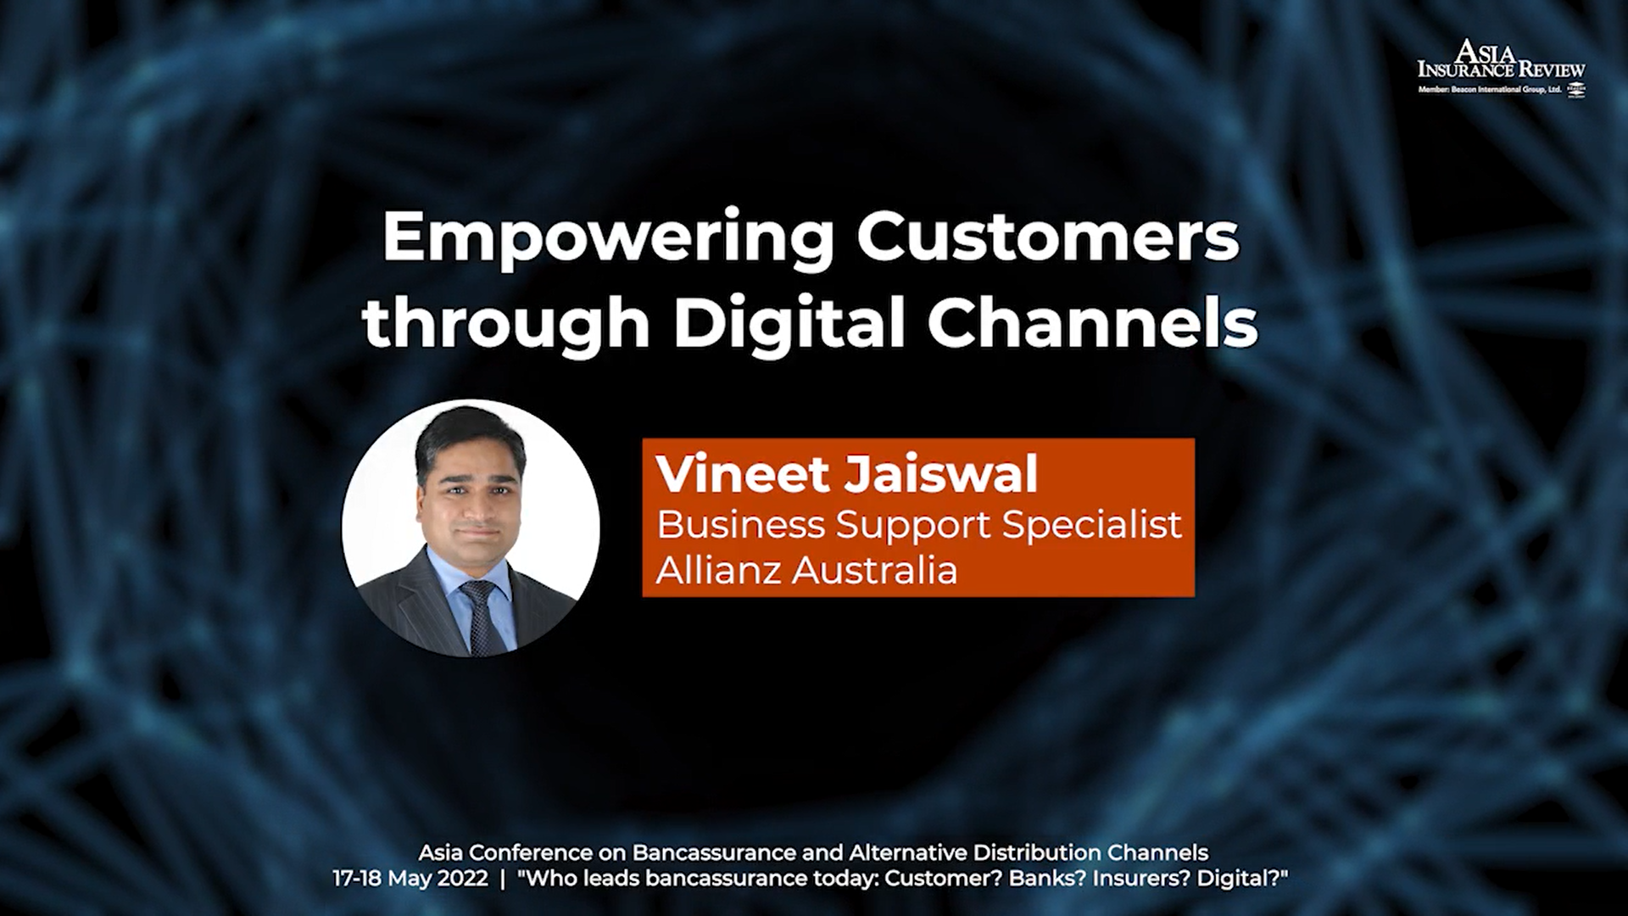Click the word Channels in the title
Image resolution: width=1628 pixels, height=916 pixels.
click(x=1093, y=321)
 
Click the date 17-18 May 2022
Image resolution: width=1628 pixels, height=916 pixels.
click(x=410, y=878)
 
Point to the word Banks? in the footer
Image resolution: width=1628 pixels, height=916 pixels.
click(x=1047, y=878)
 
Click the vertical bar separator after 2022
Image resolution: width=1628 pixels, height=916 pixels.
click(x=503, y=878)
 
